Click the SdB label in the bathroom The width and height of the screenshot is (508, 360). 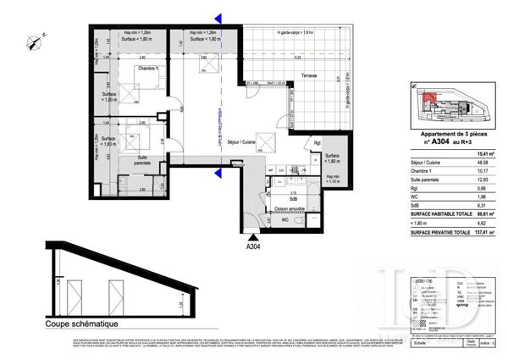pyautogui.click(x=293, y=198)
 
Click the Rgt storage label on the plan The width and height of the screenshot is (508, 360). pyautogui.click(x=317, y=142)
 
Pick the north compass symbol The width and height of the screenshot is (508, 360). pyautogui.click(x=34, y=38)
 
